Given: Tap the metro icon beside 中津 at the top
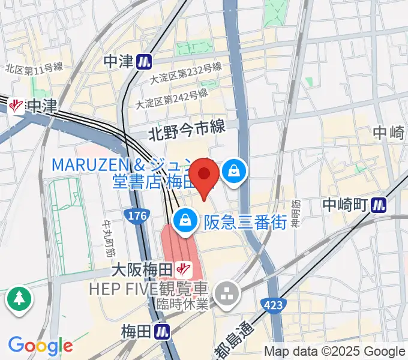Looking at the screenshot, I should tap(143, 61).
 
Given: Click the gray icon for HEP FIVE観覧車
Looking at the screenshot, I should tap(227, 294).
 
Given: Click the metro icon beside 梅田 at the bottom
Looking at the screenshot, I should tap(161, 331).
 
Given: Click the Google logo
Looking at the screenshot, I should tap(40, 346).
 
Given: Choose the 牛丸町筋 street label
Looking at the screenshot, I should tap(109, 234).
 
